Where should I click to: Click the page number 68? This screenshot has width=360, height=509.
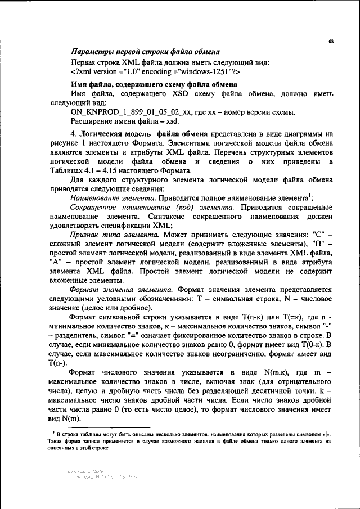point(331,42)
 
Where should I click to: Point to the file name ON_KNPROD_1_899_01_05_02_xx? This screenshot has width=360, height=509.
point(130,113)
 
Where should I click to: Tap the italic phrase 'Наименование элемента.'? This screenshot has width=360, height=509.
point(113,198)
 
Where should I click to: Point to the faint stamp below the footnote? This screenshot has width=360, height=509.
point(101,474)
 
